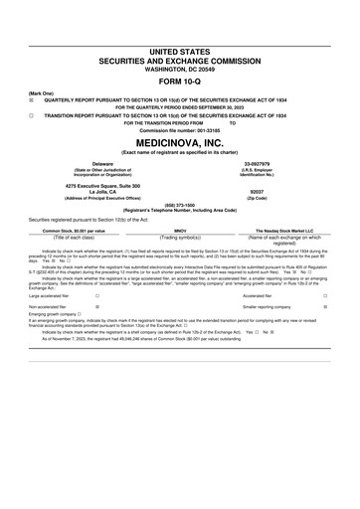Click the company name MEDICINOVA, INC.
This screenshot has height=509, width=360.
coord(179,142)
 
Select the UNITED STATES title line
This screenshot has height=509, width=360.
coord(179,50)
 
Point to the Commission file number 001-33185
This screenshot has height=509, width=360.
coord(179,129)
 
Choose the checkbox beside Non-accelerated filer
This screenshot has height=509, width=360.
coord(96,309)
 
